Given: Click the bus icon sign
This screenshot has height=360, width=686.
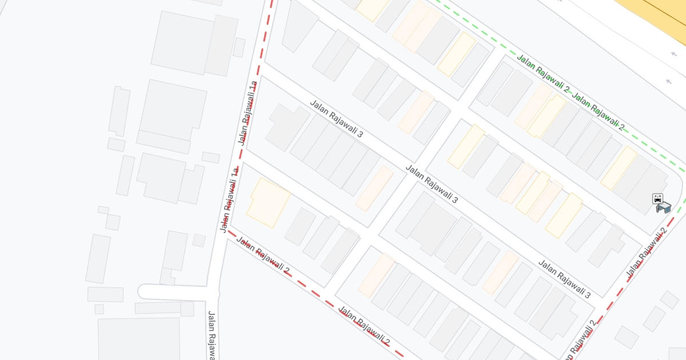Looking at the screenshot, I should point(658,199).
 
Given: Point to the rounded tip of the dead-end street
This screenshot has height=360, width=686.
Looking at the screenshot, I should point(142,292).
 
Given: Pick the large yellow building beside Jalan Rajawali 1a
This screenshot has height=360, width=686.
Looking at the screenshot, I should point(268,202).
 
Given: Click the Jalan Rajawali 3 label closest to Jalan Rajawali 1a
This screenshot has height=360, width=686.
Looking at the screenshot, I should point(336,119).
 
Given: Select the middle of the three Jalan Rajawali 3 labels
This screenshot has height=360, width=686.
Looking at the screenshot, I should point(432,184).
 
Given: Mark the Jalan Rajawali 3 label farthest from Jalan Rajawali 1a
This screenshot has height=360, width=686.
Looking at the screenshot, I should point(564,279).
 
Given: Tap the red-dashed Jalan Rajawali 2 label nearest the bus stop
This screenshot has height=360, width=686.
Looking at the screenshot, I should point(647,253).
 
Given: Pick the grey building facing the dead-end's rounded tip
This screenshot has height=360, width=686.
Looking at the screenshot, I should point(105,294).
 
